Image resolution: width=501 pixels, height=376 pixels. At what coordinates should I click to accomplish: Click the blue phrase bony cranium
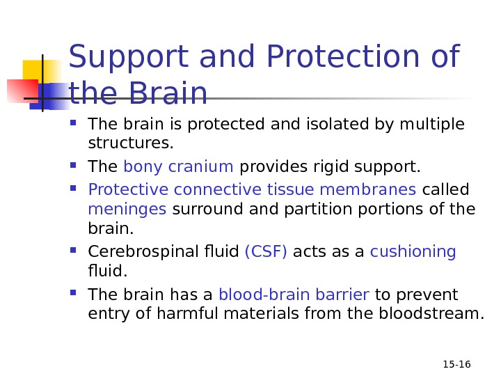click(x=178, y=167)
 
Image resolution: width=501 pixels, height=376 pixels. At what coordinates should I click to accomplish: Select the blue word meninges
click(x=127, y=209)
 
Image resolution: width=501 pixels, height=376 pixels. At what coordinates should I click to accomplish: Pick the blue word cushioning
click(x=413, y=251)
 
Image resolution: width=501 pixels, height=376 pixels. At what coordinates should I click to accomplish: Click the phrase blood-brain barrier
click(x=294, y=294)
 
